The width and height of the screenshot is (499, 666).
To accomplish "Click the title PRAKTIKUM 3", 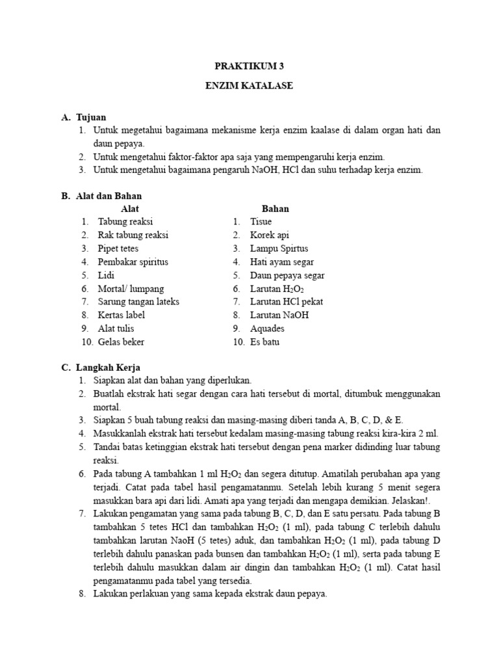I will [249, 66].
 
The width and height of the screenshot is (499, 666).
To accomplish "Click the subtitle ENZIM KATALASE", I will [249, 86].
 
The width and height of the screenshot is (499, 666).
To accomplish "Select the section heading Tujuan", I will [90, 118].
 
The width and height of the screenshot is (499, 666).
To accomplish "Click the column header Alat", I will [131, 209].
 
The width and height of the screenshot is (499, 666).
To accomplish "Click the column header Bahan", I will [275, 209].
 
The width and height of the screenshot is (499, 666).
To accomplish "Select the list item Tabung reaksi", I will [125, 222].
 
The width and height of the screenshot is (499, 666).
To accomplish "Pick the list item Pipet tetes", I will [118, 248].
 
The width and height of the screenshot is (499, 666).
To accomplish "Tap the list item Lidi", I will [106, 275].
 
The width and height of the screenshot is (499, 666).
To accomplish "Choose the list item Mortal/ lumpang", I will [131, 289].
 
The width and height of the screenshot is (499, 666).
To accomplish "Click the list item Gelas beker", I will [122, 342].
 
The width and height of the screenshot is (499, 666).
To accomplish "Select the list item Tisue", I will [261, 222].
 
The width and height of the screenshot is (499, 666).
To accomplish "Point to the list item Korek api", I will [269, 235].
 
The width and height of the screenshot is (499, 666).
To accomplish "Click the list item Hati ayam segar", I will [282, 262].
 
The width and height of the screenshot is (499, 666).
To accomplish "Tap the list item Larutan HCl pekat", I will [287, 302].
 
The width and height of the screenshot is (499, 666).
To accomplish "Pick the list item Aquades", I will [268, 328].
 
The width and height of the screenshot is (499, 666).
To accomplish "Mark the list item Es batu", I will [264, 342].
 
